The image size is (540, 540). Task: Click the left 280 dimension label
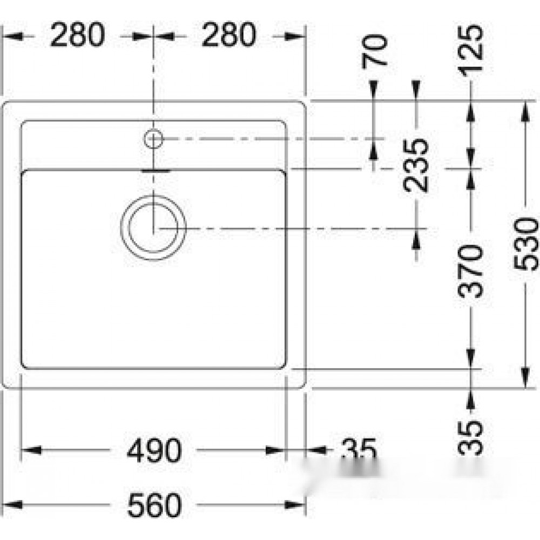point(77,35)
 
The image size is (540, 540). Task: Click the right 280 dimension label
point(229,35)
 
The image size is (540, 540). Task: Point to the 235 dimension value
point(416,165)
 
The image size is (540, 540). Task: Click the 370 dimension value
point(471,272)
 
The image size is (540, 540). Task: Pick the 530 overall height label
point(525,244)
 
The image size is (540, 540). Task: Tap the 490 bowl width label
point(154,450)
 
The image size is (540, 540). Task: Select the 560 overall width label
point(154,505)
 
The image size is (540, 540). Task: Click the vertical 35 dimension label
point(471,437)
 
